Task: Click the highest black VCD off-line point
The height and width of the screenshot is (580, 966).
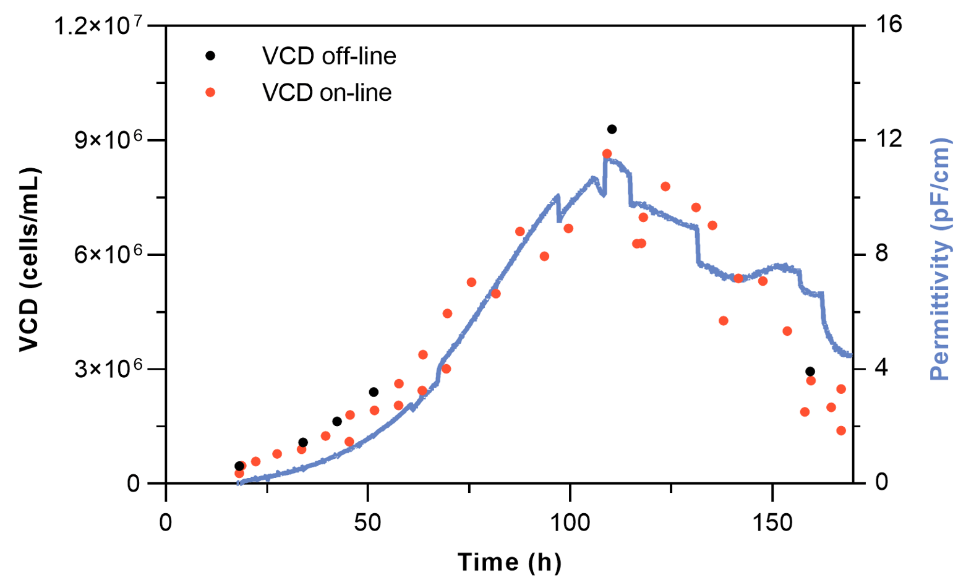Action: [x=612, y=129]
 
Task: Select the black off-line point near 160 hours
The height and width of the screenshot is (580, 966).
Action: [x=810, y=372]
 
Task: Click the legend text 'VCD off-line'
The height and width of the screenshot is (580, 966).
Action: [x=329, y=56]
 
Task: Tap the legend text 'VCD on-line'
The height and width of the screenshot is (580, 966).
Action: [x=327, y=93]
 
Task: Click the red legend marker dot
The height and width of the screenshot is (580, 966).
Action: [x=210, y=92]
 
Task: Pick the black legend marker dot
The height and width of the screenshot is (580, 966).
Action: [x=210, y=56]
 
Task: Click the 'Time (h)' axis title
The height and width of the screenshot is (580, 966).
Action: [x=510, y=562]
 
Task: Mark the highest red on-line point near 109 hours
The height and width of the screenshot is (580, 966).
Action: [x=607, y=153]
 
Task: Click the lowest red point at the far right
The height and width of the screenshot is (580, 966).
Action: [x=841, y=430]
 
